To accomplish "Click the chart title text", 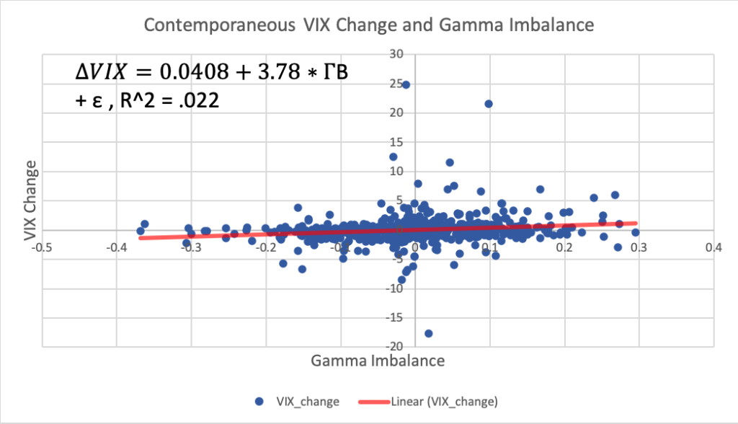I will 368,25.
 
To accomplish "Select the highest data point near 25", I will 406,85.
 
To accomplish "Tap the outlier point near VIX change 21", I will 489,104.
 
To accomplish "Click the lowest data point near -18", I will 429,333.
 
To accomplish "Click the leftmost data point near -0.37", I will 141,231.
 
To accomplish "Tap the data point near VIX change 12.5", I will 394,156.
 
